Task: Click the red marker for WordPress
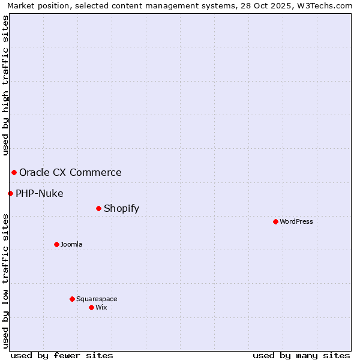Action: tap(275, 221)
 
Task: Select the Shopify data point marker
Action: tap(98, 208)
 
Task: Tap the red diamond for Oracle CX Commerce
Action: tap(14, 172)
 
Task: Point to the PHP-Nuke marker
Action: tap(10, 193)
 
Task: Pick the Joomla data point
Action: tap(56, 244)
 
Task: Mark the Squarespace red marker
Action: tap(72, 299)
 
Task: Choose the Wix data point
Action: tap(91, 307)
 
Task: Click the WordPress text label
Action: tap(296, 221)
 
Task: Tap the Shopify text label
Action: tap(121, 208)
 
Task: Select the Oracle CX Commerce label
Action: tap(70, 172)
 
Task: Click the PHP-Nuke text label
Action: tap(39, 193)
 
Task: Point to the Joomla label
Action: tap(71, 244)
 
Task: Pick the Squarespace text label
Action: tap(97, 299)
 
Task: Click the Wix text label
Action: tap(101, 307)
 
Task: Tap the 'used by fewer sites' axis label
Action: tap(62, 355)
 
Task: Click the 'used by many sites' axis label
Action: tap(301, 355)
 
